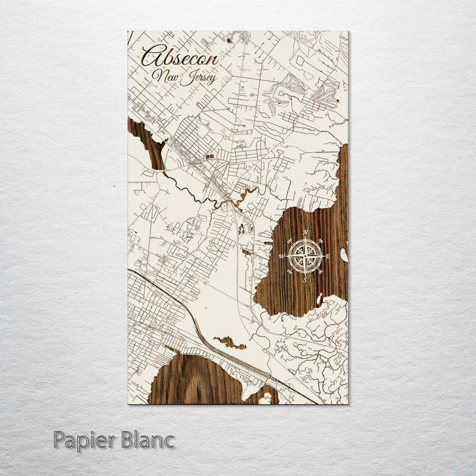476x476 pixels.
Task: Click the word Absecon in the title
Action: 179,58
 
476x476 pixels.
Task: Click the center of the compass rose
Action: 305,256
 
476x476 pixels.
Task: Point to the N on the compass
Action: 305,233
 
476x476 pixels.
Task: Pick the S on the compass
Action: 304,280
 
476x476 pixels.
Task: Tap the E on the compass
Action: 328,257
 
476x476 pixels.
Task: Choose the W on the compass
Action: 282,256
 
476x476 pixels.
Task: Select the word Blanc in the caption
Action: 146,439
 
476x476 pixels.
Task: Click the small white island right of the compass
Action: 343,255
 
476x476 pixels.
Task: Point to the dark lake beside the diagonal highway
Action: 230,342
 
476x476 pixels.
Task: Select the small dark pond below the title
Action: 210,157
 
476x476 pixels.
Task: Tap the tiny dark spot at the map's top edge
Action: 229,40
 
